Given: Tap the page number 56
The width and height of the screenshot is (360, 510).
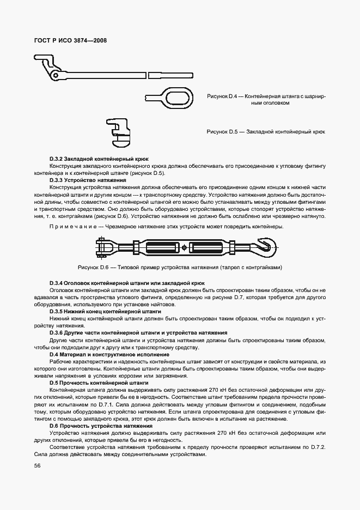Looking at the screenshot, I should tap(37, 465).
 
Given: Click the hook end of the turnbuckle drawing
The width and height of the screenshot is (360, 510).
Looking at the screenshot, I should tap(265, 248).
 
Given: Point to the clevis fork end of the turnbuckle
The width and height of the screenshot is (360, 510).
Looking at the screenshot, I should tap(104, 248).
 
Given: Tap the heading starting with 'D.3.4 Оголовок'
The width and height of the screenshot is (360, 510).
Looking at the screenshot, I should tap(127, 283).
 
